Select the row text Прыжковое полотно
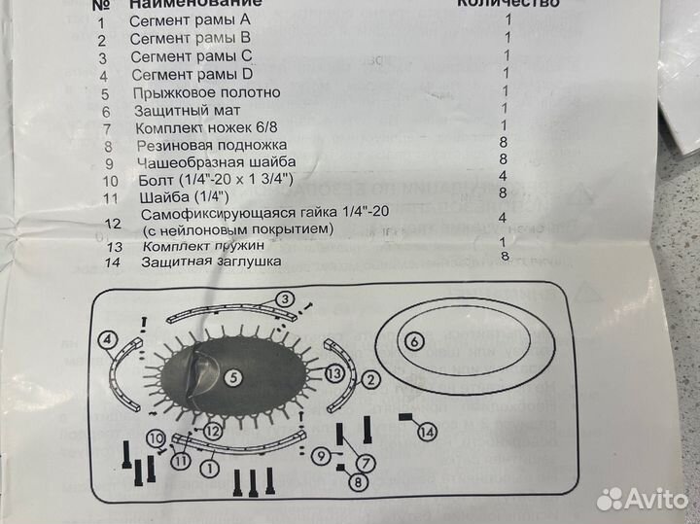click(x=208, y=92)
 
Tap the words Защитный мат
click(x=185, y=111)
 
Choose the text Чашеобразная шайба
click(x=216, y=162)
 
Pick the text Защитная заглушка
click(x=211, y=262)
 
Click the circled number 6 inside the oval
click(x=412, y=340)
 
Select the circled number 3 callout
click(x=285, y=298)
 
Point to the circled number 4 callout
click(x=106, y=340)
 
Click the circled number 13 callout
click(x=333, y=372)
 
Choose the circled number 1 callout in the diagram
click(x=206, y=467)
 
